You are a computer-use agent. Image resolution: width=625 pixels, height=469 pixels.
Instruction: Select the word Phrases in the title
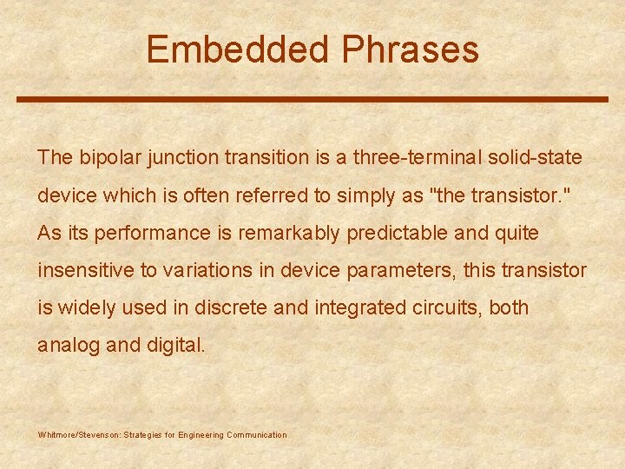coord(410,50)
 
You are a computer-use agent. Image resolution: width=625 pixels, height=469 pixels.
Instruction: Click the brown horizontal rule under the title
coord(312,99)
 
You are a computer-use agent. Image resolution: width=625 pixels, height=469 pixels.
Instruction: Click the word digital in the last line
coord(176,346)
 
